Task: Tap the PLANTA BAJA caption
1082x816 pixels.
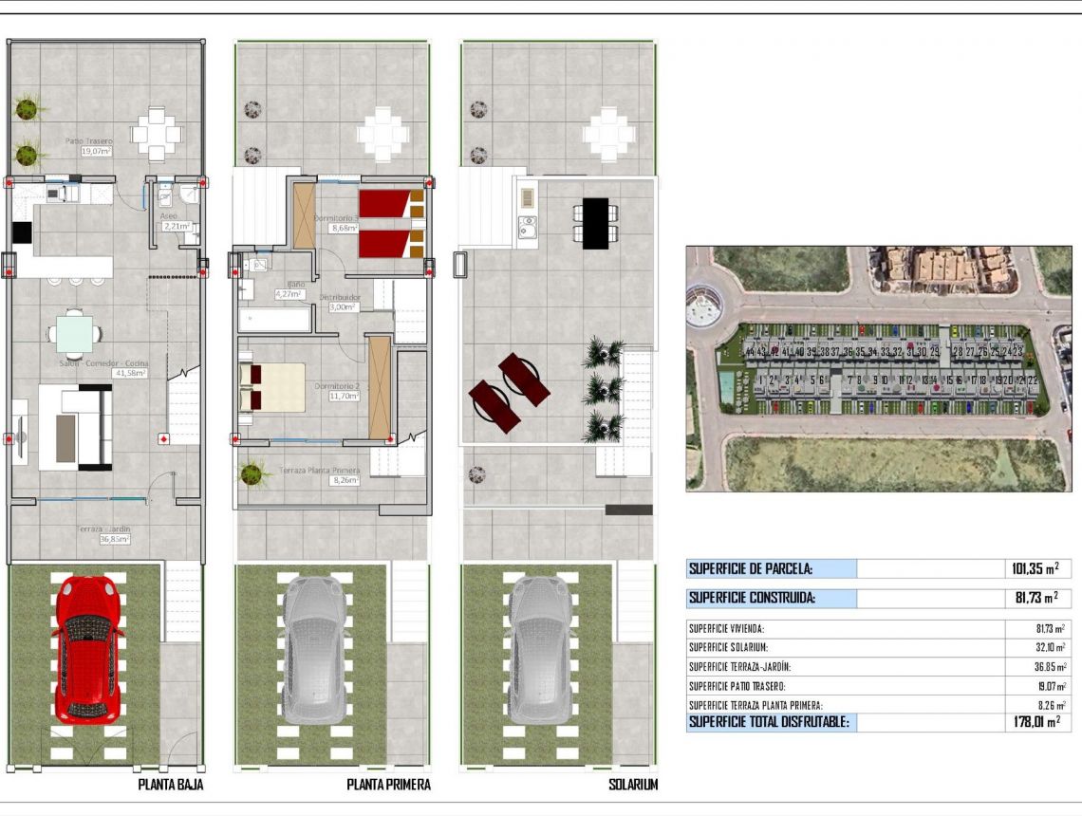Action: tap(171, 785)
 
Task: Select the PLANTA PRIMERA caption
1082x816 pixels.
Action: tap(388, 785)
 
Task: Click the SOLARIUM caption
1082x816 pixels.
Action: tap(633, 785)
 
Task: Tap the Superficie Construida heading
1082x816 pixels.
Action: tap(752, 599)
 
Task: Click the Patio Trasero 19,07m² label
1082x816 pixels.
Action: tap(88, 145)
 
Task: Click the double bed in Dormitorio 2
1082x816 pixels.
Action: tap(273, 387)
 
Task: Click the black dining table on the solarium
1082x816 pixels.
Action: tap(595, 223)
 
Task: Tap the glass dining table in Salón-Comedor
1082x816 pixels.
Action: tap(74, 334)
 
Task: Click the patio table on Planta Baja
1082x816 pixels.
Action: tap(156, 135)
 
